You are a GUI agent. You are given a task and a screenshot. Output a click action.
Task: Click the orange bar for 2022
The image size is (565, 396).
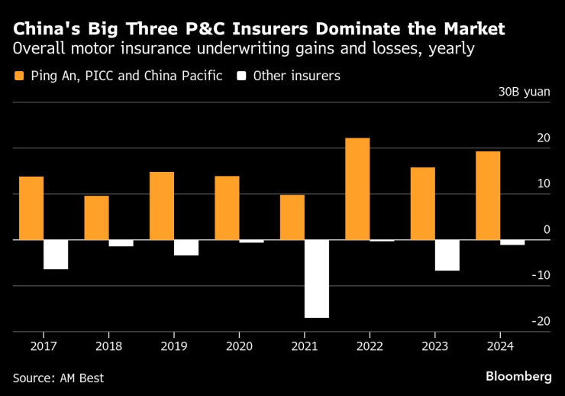(357, 189)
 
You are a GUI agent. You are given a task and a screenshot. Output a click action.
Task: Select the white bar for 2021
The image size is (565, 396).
(317, 278)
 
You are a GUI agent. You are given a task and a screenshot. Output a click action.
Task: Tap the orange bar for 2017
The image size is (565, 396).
(31, 208)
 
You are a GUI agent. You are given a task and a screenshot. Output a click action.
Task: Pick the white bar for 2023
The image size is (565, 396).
(447, 255)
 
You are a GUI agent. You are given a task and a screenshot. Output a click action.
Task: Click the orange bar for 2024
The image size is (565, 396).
(488, 196)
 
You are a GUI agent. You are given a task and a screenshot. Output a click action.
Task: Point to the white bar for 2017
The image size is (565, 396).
(56, 255)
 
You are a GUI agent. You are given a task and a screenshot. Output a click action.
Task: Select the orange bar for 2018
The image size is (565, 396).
(96, 218)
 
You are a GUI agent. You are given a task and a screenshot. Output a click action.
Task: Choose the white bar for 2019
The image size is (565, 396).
(186, 248)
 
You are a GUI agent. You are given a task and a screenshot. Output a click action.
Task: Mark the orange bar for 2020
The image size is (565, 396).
(227, 208)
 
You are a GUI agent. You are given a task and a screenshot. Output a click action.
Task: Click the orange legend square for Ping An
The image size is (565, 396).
(19, 76)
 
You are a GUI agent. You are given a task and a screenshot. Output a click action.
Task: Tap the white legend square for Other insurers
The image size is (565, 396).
(242, 76)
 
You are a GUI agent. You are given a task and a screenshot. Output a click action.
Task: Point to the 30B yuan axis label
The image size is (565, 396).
(524, 93)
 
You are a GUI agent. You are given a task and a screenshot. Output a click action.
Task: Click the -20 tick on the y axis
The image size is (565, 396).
(541, 321)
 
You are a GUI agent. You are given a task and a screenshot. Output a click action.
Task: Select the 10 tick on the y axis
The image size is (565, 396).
(543, 183)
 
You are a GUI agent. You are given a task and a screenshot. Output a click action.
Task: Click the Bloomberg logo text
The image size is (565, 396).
(518, 376)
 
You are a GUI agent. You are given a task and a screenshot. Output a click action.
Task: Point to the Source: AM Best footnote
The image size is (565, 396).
(58, 378)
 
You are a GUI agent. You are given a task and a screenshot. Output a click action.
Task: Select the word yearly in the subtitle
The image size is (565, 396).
(453, 50)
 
